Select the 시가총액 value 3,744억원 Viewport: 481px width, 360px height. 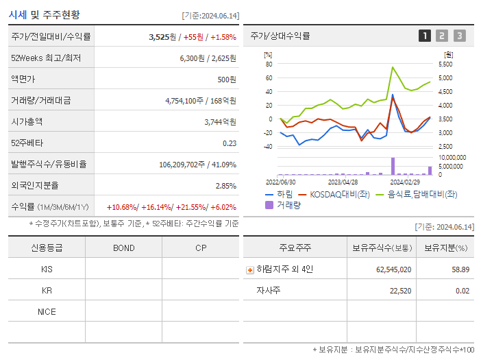point(220,122)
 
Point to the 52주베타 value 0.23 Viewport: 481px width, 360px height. point(230,143)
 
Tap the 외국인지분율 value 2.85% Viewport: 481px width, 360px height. point(225,186)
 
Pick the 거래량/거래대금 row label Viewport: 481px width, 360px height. point(40,101)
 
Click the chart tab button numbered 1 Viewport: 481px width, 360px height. point(425,36)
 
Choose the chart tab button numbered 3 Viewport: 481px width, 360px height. point(459,36)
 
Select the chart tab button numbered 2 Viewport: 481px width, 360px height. point(442,36)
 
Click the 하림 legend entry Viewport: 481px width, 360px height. point(279,195)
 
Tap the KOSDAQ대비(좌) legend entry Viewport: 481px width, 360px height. point(332,195)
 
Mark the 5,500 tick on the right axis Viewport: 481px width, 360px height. point(445,64)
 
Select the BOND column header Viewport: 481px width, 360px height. point(123,248)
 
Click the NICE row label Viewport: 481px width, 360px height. point(47,312)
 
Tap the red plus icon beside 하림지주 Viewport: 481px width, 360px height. point(250,270)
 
